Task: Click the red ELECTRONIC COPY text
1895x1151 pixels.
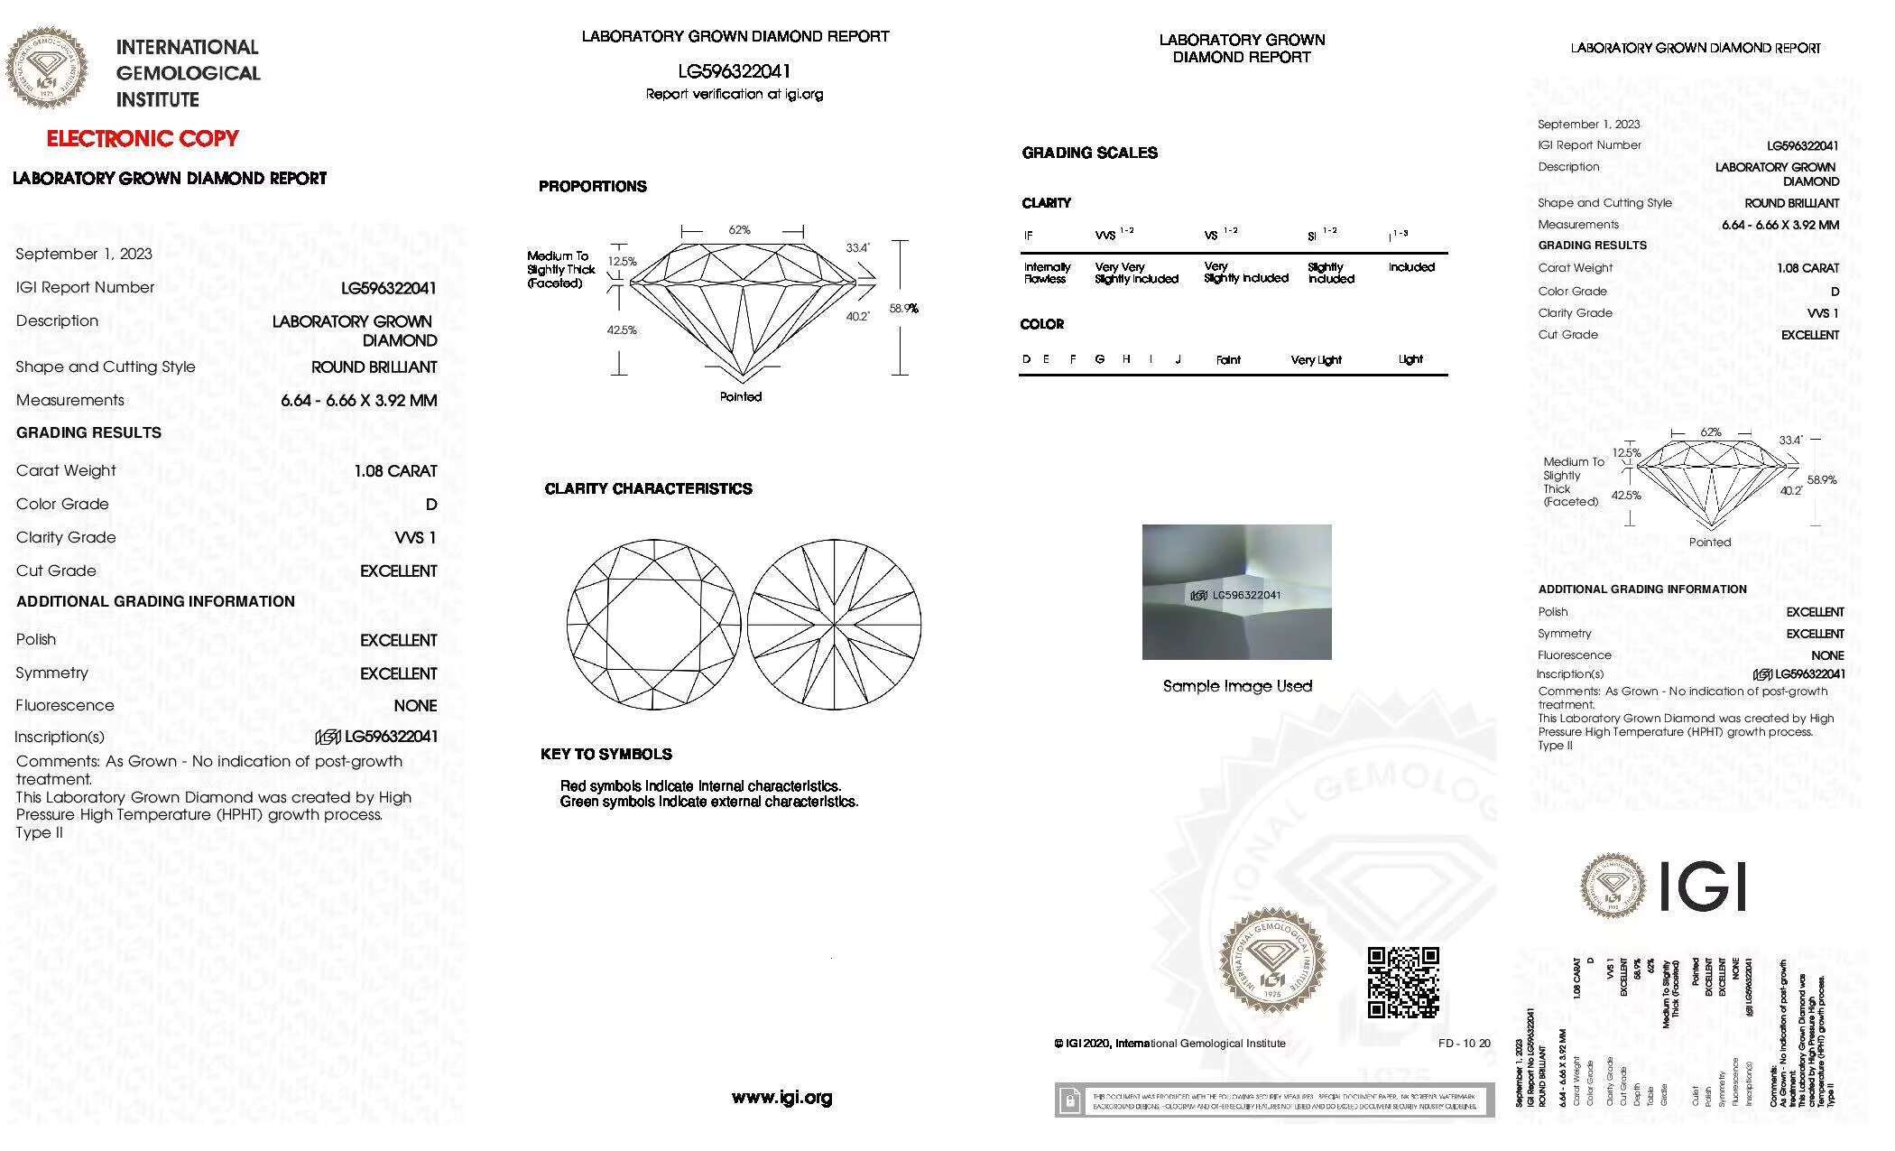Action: (143, 138)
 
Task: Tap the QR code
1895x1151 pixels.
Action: (1402, 982)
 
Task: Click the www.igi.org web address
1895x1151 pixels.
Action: (781, 1098)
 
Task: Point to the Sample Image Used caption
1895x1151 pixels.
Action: (1237, 686)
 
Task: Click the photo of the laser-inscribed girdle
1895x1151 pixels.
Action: (1236, 592)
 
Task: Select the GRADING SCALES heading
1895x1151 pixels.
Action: (1089, 153)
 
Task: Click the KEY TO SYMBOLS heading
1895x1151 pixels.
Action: (606, 754)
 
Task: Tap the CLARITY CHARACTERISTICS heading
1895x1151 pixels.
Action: (648, 488)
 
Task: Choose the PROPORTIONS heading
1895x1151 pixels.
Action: (593, 186)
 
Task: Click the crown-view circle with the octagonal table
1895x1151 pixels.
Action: (653, 625)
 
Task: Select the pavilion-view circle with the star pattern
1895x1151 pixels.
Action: (835, 625)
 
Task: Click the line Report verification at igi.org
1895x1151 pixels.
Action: (735, 94)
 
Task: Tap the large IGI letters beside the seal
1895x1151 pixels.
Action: (1703, 886)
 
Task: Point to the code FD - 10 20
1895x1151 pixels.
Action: (1464, 1044)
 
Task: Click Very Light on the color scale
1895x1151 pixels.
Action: (1316, 359)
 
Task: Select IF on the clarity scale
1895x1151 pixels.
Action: (1028, 236)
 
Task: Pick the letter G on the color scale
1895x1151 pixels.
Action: (1100, 359)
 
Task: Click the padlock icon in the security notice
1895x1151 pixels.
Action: (1069, 1100)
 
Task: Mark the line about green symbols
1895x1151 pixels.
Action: (708, 802)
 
